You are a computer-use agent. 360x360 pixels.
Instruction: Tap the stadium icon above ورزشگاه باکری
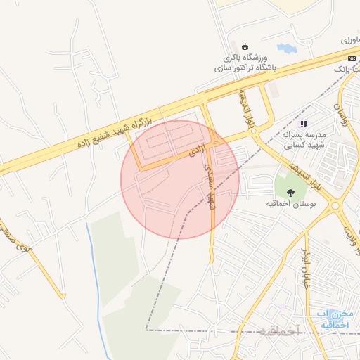point(245,46)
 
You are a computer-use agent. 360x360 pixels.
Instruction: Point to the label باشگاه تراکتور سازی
point(245,68)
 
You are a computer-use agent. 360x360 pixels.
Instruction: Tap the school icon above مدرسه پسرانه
point(304,124)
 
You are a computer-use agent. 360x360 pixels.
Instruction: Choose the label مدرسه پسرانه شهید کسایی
point(302,140)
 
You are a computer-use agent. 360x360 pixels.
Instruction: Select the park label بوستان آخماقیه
point(291,202)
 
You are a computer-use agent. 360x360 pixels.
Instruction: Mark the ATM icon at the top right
point(351,58)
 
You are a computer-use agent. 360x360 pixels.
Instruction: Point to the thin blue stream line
point(94,274)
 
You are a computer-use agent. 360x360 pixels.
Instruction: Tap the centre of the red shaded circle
point(179,179)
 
